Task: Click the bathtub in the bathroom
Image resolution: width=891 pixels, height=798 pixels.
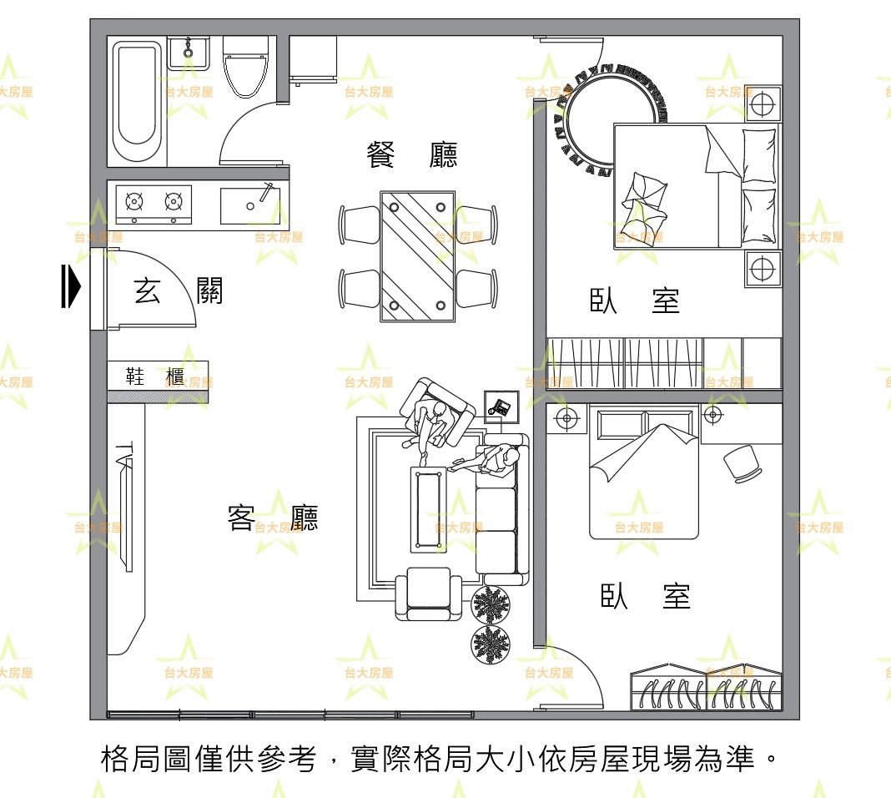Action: [x=137, y=101]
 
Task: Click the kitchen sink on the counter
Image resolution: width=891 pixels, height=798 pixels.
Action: [x=249, y=205]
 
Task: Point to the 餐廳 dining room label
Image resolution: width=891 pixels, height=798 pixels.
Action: [x=412, y=155]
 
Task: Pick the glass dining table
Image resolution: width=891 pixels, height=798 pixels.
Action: [x=418, y=255]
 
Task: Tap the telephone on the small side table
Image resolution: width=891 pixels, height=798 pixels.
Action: [x=501, y=407]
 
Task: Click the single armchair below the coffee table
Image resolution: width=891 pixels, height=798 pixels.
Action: [x=428, y=594]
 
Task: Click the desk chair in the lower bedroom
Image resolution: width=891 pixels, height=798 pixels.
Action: [x=742, y=463]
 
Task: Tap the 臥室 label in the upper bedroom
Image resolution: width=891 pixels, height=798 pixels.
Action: [x=635, y=301]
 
